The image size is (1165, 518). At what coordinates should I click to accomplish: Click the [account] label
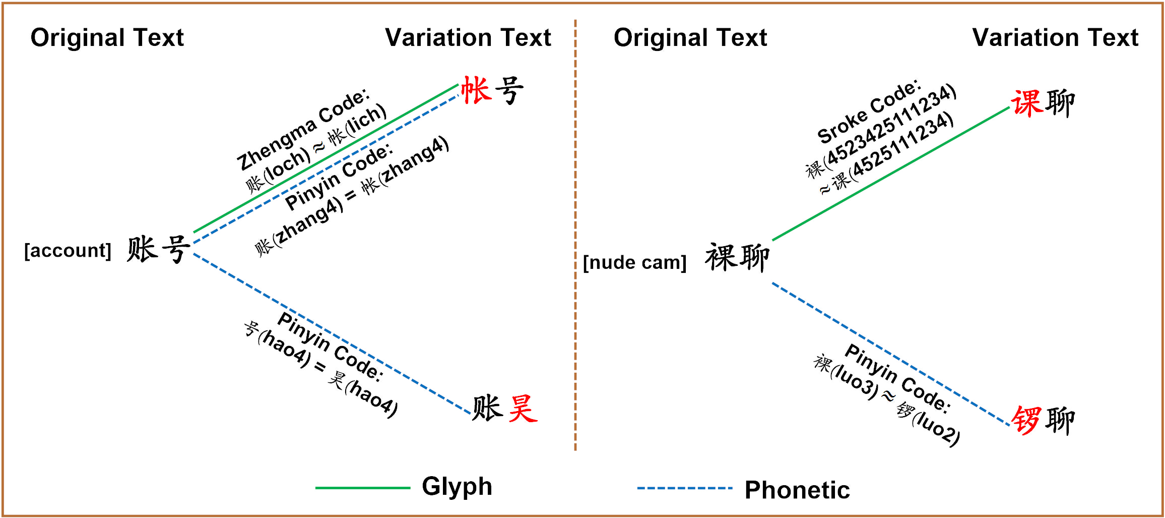[x=68, y=251]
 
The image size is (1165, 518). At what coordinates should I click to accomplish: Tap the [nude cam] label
[x=634, y=263]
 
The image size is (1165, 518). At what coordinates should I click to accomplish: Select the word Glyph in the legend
[x=457, y=487]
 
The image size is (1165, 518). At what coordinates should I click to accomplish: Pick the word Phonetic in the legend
[x=797, y=490]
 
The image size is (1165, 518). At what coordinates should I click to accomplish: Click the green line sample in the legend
[x=362, y=488]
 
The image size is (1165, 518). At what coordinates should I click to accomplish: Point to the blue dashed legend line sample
[x=684, y=488]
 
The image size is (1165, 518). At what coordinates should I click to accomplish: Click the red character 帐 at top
[x=476, y=91]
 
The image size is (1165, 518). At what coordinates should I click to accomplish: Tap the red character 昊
[x=523, y=409]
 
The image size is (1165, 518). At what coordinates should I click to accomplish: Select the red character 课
[x=1027, y=103]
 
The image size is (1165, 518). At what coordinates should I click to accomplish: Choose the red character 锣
[x=1026, y=420]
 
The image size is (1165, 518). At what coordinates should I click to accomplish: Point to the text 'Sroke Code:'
[x=869, y=111]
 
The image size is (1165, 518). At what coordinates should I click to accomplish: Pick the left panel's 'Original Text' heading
[x=107, y=38]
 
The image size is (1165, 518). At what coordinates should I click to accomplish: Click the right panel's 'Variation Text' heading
[x=1055, y=38]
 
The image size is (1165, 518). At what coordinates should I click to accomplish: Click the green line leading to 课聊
[x=891, y=174]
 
